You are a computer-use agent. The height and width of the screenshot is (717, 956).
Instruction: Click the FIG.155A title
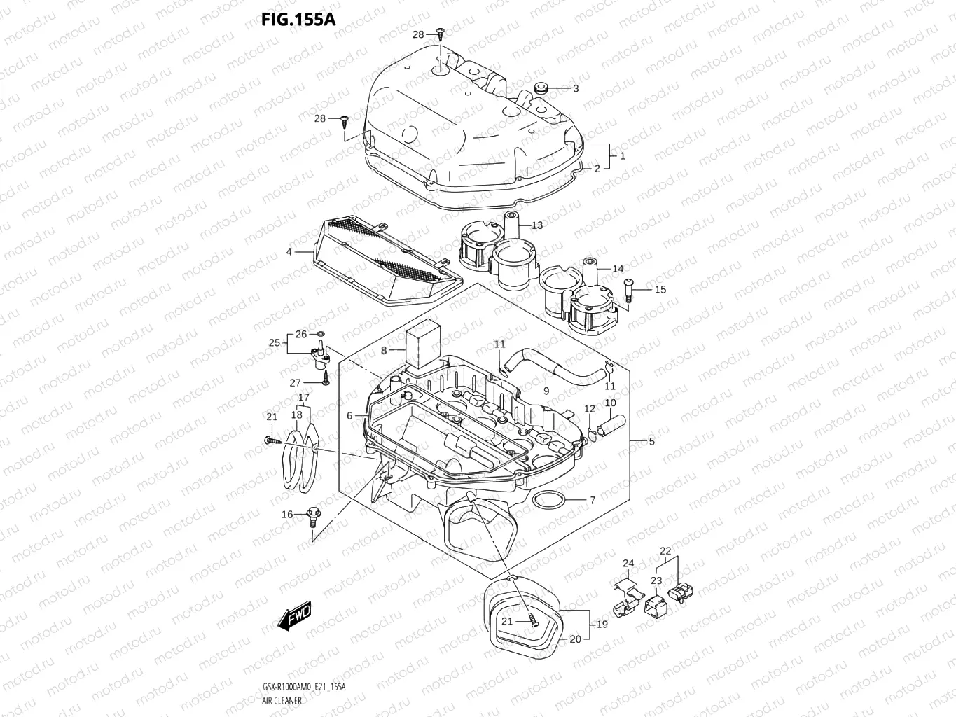[298, 19]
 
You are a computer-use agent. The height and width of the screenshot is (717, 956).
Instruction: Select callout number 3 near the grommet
[576, 88]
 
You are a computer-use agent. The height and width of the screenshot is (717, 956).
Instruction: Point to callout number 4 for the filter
[289, 251]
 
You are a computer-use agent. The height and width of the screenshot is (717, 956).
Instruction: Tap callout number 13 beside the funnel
[536, 225]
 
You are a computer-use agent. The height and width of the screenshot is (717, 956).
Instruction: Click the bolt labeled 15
[628, 288]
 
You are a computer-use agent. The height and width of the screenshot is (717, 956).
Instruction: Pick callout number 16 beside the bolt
[287, 515]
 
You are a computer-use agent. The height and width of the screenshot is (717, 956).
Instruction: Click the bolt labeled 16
[313, 520]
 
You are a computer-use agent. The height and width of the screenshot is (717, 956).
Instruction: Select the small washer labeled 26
[321, 334]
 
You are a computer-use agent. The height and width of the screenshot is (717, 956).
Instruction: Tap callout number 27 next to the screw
[295, 383]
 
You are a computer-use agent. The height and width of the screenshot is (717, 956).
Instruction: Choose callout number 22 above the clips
[665, 551]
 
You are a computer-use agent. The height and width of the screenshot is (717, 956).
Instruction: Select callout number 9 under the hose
[546, 392]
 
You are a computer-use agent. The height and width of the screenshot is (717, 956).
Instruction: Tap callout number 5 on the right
[651, 441]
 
